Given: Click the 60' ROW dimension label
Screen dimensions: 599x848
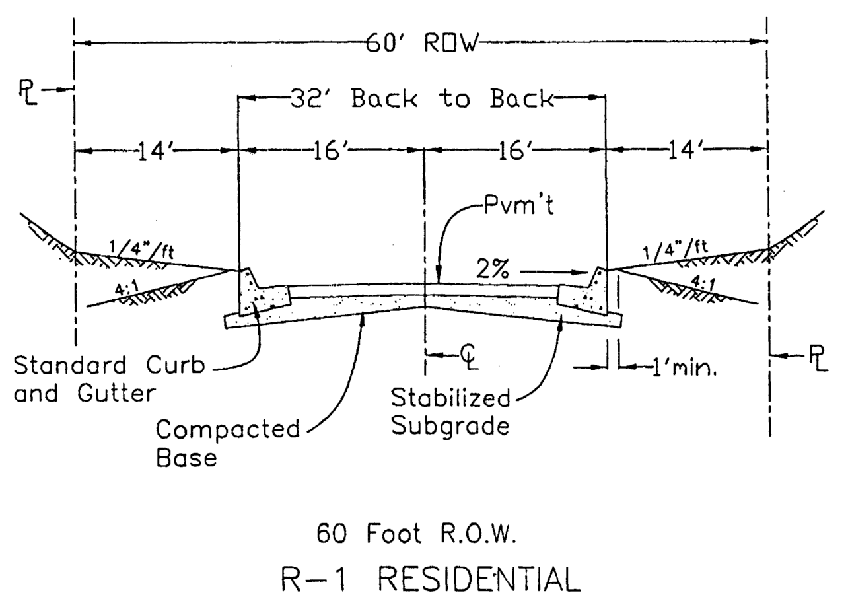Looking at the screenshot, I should pyautogui.click(x=422, y=44).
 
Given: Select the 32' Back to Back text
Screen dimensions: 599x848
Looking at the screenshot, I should pyautogui.click(x=421, y=98).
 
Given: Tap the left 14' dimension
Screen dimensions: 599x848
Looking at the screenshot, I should pyautogui.click(x=157, y=151).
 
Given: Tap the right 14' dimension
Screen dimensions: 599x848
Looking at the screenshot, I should pyautogui.click(x=686, y=151).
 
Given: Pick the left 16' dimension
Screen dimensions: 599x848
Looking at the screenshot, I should pyautogui.click(x=330, y=151).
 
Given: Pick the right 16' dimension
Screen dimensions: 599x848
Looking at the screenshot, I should pyautogui.click(x=516, y=151).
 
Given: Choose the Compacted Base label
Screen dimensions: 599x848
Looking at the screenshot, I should pyautogui.click(x=228, y=442).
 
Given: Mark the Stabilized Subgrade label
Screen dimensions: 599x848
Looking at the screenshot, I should pyautogui.click(x=451, y=412).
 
